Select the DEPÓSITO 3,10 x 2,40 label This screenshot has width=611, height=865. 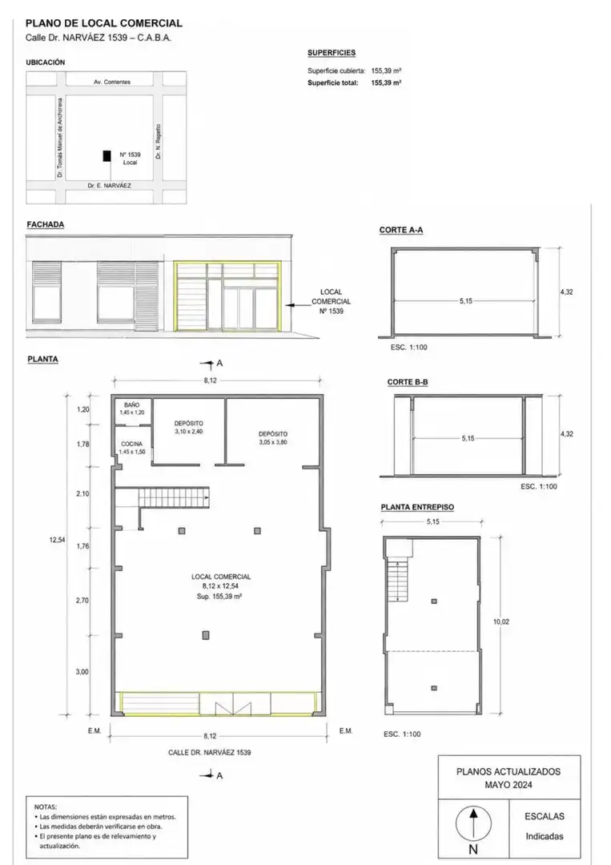point(189,428)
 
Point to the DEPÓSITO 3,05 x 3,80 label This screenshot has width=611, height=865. point(273,438)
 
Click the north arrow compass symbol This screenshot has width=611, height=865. point(473,823)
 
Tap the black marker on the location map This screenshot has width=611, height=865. point(107,155)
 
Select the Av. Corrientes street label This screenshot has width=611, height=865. point(112,82)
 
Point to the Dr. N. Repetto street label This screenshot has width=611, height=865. point(159,141)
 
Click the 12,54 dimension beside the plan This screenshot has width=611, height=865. point(58,540)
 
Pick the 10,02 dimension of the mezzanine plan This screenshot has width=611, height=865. point(501,622)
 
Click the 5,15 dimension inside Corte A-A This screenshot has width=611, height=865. point(466,301)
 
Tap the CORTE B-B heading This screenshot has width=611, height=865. point(408,382)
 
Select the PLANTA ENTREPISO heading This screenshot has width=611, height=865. point(417,507)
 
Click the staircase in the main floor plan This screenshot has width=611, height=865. point(174,497)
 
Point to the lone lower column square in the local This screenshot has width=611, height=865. point(206,635)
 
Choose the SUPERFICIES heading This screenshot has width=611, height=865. point(332,53)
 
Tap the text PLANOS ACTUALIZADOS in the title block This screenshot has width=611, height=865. point(508,772)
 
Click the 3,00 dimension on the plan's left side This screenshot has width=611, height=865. point(82,672)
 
